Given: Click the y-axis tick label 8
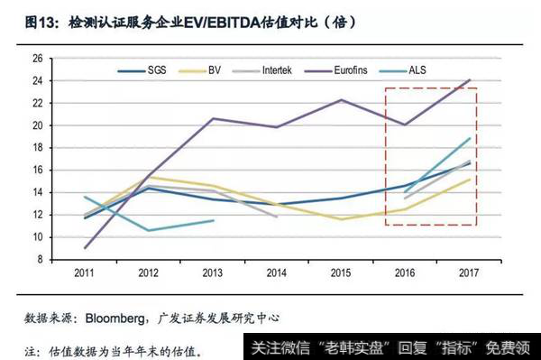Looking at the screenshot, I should [x=40, y=260].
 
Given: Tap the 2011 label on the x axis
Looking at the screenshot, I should [x=85, y=272].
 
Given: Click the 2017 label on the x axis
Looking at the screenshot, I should [x=468, y=272].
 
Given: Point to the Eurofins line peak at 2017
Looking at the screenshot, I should [x=469, y=80].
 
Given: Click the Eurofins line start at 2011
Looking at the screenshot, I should [x=85, y=248].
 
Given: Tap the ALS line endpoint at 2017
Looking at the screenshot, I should [x=469, y=138].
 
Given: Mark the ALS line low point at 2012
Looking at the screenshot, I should [x=149, y=230].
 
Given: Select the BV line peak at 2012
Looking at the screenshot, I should [x=149, y=177].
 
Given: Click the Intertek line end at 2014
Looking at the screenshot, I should [x=276, y=217].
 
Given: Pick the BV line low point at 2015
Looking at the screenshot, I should [x=341, y=219].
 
